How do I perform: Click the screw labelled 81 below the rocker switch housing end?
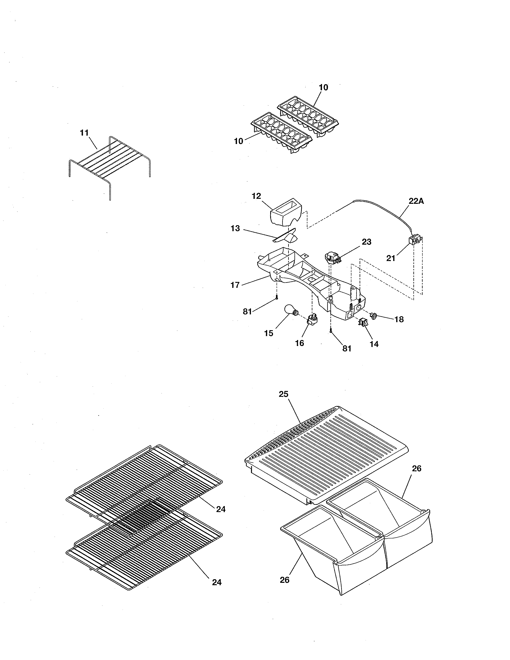click(x=331, y=331)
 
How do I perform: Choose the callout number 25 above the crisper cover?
click(x=283, y=394)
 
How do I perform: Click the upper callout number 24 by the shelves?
click(x=221, y=509)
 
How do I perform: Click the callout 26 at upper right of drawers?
click(x=417, y=468)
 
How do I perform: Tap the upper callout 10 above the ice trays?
click(x=323, y=87)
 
